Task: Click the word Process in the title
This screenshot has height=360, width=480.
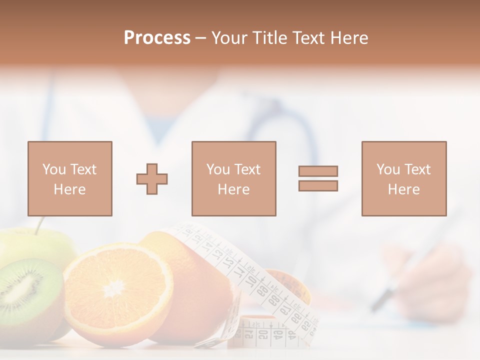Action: point(157,38)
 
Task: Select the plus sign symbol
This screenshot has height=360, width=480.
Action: point(152,178)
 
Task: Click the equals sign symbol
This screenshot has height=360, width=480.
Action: point(318,178)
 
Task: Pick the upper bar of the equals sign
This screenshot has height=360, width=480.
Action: point(318,171)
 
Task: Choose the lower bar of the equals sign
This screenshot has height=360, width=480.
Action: point(318,186)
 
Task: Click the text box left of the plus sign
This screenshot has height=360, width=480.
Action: point(69,178)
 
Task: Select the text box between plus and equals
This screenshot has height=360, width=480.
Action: point(233,178)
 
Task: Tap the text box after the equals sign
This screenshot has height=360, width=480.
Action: point(403,178)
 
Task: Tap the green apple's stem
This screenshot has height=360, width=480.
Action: point(39,225)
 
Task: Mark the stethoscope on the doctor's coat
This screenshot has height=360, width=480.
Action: point(280,125)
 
